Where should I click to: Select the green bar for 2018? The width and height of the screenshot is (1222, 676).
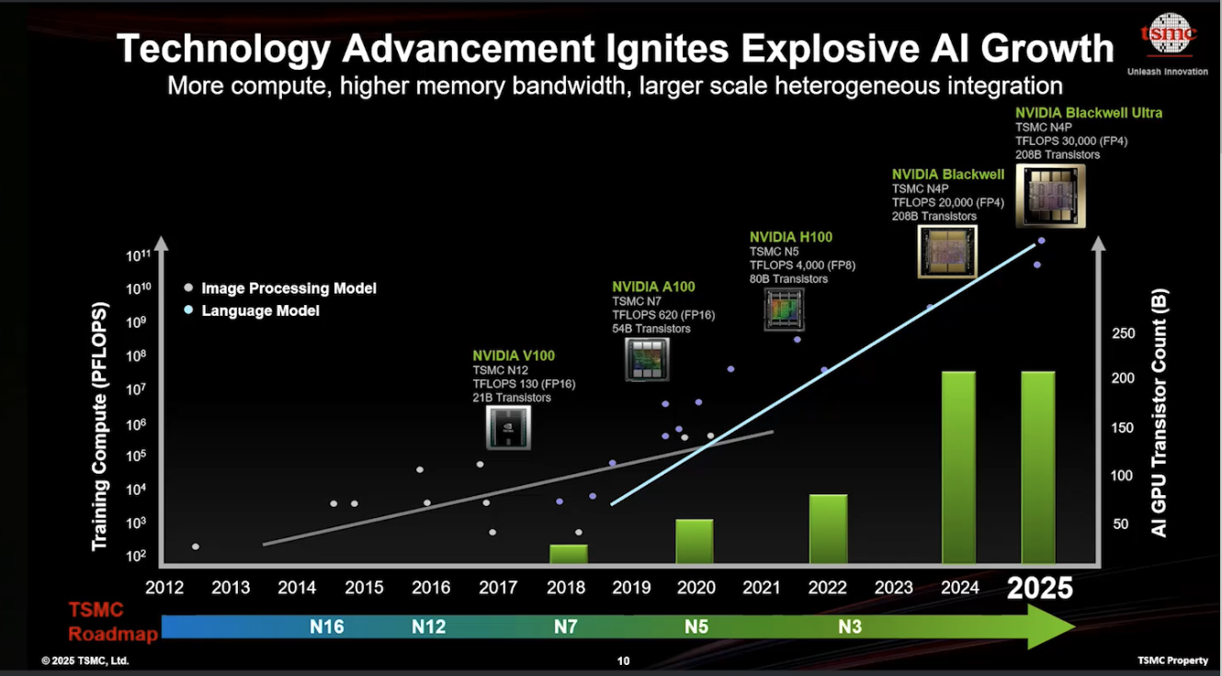(568, 555)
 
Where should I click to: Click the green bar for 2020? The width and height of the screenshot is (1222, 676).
(694, 542)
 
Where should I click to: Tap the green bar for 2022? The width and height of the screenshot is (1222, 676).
(828, 530)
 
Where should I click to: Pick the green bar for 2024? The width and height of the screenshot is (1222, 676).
(958, 468)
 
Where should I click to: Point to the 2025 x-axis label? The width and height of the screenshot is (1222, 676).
(1039, 588)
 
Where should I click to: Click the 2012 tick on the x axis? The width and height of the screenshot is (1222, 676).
(164, 588)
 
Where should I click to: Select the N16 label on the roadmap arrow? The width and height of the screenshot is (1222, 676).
(326, 627)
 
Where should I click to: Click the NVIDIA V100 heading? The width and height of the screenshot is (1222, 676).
(514, 355)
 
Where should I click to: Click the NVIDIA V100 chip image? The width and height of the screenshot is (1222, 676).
(508, 428)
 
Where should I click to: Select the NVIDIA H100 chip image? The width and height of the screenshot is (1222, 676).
(784, 310)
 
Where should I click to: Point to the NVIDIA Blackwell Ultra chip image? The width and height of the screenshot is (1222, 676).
(1050, 196)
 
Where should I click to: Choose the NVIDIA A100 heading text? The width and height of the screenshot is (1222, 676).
(654, 286)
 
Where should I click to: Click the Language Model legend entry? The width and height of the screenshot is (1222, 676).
(260, 311)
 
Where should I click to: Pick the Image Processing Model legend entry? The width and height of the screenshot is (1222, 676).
(289, 288)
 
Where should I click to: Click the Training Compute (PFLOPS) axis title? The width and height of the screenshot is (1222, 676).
(100, 428)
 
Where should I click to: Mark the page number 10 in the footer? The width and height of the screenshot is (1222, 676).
(623, 660)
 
